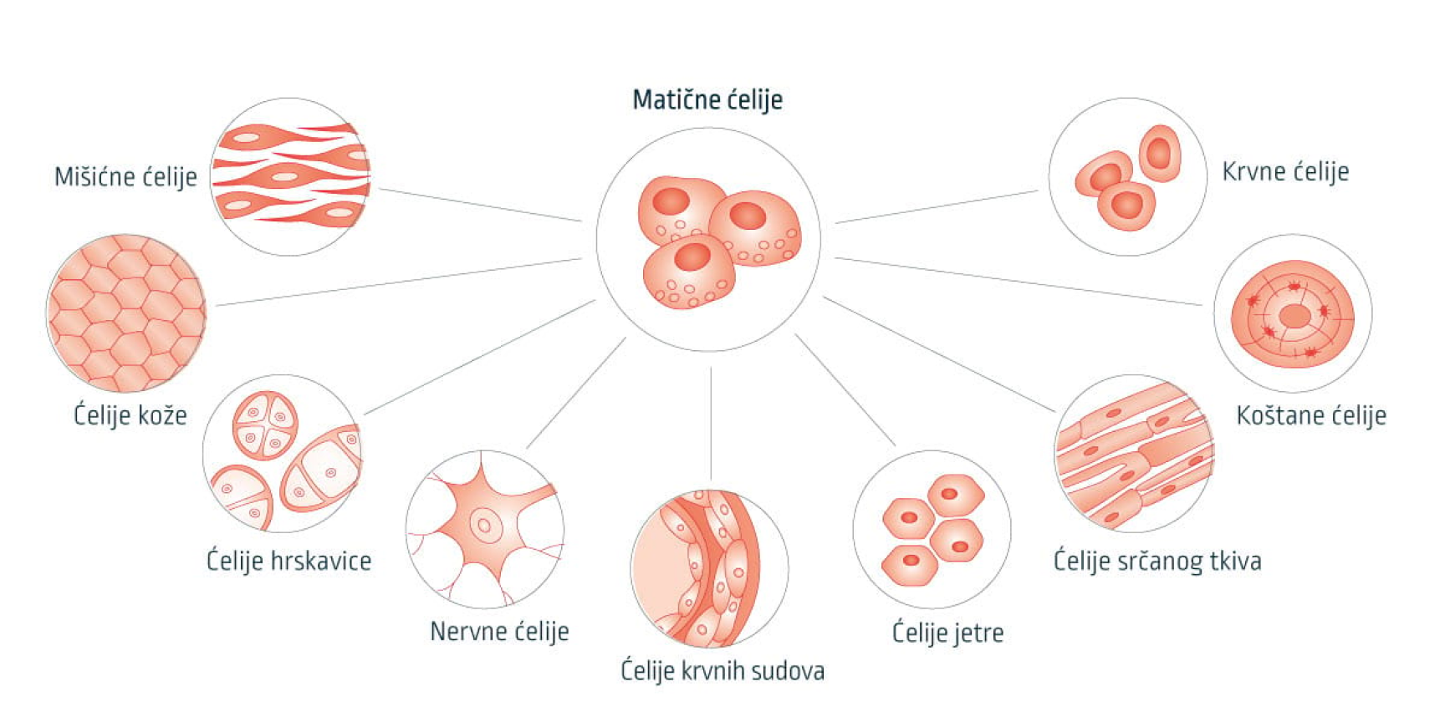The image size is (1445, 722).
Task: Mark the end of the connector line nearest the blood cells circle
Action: (x=1037, y=191)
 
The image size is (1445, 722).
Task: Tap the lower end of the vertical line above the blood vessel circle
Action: (x=711, y=480)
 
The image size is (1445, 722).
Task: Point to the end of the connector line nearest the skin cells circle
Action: (x=217, y=306)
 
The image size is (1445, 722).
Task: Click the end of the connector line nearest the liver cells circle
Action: (x=895, y=445)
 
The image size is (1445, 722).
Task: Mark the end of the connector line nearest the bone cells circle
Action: (x=1202, y=305)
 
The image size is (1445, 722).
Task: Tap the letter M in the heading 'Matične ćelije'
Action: (x=642, y=100)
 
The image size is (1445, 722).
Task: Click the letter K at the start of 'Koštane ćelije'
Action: (x=1243, y=415)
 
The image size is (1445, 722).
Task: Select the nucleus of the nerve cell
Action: (x=484, y=526)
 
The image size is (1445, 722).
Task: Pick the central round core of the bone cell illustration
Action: (x=1294, y=316)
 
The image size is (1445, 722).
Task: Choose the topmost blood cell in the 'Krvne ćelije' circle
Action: (x=1160, y=153)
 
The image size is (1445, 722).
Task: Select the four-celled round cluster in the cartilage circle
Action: (x=265, y=425)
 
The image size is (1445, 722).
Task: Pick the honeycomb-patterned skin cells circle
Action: (x=126, y=313)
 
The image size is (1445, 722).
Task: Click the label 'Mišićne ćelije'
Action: (x=126, y=177)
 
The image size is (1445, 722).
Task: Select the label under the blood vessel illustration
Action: (x=722, y=671)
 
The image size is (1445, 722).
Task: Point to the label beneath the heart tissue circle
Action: (x=1157, y=561)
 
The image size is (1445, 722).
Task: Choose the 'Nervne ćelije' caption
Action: (x=499, y=631)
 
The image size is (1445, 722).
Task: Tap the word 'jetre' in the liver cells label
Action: (x=978, y=633)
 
